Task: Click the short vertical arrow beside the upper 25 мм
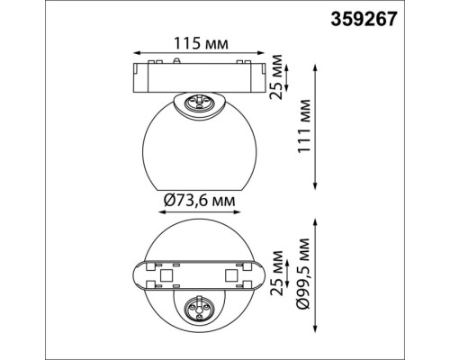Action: [x=268, y=76]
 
